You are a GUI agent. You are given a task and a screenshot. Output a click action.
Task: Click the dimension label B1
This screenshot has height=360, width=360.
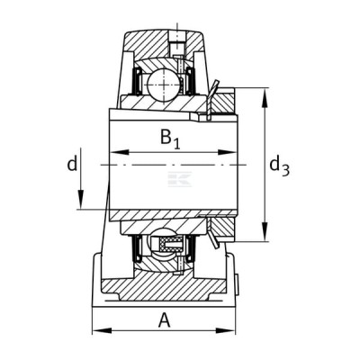pos(170,139)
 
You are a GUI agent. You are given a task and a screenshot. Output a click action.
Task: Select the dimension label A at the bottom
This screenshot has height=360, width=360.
pos(164,320)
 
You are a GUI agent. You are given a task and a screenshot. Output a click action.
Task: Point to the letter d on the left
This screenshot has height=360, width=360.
pos(72,164)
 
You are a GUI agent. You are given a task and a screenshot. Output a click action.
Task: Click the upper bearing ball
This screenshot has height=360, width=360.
pos(165,85)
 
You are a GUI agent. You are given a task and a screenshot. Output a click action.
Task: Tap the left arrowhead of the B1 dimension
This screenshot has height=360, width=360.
pos(120,152)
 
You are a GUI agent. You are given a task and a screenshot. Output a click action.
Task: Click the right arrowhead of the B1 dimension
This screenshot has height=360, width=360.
pos(228,152)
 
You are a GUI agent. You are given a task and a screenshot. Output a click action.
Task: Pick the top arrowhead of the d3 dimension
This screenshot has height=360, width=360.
pos(265,97)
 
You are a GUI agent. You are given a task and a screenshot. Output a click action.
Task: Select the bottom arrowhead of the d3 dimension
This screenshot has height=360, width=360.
pos(265,231)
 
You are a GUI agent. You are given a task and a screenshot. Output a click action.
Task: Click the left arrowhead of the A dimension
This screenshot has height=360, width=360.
pos(102,330)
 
